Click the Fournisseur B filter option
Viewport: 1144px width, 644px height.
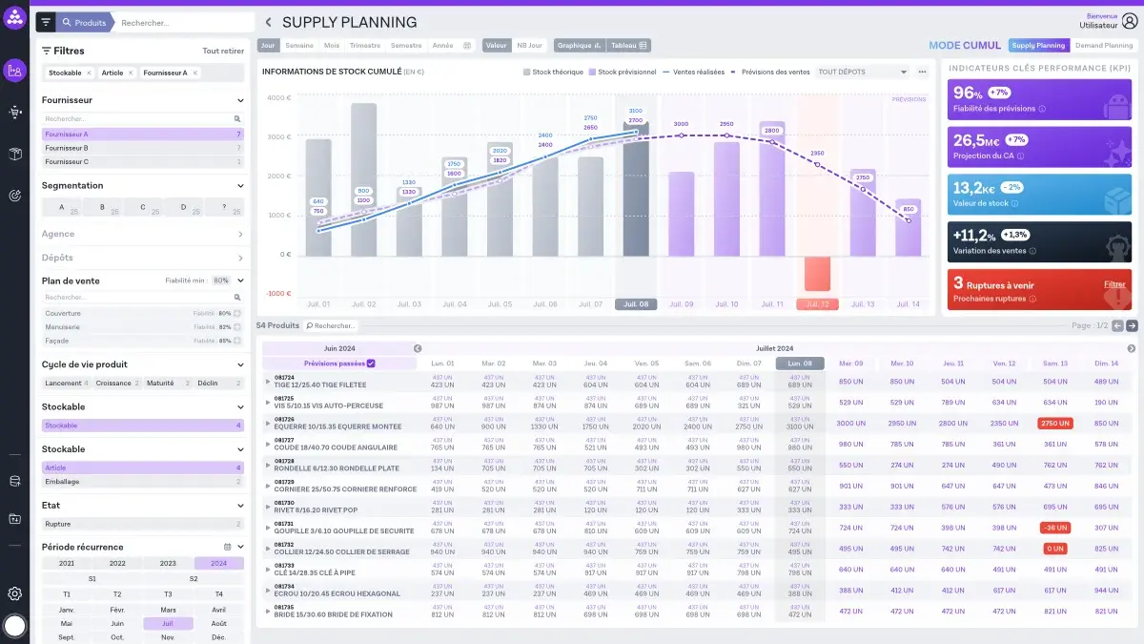[x=67, y=148]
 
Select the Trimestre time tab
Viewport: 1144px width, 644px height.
[x=364, y=45]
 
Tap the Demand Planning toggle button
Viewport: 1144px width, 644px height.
[x=1104, y=45]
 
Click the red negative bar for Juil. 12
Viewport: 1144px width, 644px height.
[x=817, y=273]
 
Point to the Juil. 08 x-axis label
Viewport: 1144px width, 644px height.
[x=635, y=304]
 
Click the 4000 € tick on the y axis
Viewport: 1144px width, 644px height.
[x=278, y=97]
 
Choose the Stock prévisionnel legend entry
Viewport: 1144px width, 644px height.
[x=623, y=72]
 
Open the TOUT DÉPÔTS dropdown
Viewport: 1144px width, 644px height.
[x=863, y=72]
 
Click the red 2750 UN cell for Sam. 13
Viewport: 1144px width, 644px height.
[x=1054, y=423]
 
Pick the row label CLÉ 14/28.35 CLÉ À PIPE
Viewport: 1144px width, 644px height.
[x=315, y=572]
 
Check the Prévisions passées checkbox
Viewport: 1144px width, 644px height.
[x=371, y=364]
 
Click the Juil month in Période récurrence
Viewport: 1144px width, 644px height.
[x=168, y=623]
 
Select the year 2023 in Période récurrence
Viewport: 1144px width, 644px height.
[x=168, y=564]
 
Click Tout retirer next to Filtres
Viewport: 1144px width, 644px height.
[x=223, y=51]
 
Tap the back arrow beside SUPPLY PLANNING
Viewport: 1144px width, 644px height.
[x=268, y=22]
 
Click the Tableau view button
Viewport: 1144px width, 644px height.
[x=629, y=45]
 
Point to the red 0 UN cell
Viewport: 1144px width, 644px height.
[x=1054, y=549]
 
